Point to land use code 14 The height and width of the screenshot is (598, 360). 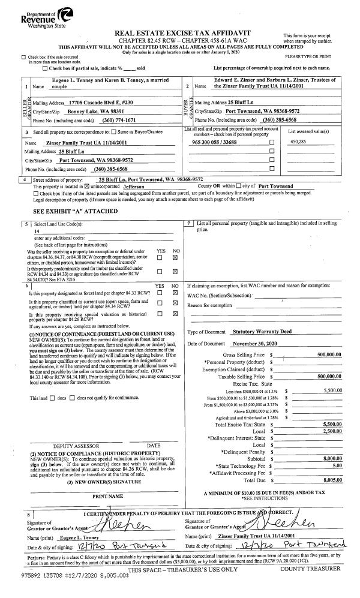point(37,230)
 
